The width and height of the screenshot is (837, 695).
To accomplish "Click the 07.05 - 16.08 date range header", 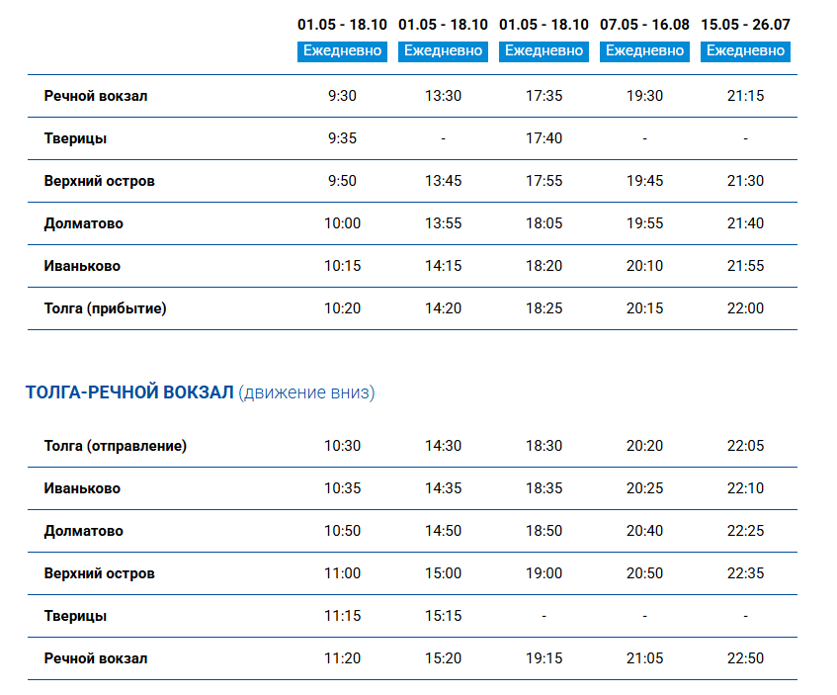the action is pos(644,25).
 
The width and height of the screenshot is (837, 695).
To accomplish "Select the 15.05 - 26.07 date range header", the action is pos(745,25).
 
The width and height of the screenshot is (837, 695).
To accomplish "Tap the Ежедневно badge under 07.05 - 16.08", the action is pos(644,51).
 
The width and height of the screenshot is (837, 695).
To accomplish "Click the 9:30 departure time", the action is pos(342,96).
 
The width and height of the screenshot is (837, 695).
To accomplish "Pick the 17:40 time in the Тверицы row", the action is pos(544,138).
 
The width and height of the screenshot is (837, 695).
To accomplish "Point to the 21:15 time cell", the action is pos(745,96).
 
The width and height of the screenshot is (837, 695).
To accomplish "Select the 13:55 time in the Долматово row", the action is pos(443,223).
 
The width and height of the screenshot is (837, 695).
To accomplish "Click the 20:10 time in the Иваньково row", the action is pos(644,266).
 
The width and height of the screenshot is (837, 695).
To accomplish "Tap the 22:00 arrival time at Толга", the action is pos(745,308).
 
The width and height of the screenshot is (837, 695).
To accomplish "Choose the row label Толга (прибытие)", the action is pos(105,308).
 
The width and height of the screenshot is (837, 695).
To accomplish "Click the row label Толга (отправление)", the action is pos(116,446).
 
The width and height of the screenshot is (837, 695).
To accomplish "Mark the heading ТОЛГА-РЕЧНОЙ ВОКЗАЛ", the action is pos(129,392).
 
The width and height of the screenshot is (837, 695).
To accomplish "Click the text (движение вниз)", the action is pos(306,392).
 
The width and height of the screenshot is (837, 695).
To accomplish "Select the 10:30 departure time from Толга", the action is pos(342,446).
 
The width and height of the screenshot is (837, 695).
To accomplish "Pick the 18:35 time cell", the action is pos(544,488).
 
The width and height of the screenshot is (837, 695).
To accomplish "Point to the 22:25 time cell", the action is pos(745,531).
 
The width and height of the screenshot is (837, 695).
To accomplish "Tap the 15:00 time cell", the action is pos(443,573).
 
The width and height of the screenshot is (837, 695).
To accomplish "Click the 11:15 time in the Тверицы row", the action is pos(342,616).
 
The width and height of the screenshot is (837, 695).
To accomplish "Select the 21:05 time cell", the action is pos(644,658).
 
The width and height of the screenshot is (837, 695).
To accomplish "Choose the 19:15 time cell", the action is pos(544,658).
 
